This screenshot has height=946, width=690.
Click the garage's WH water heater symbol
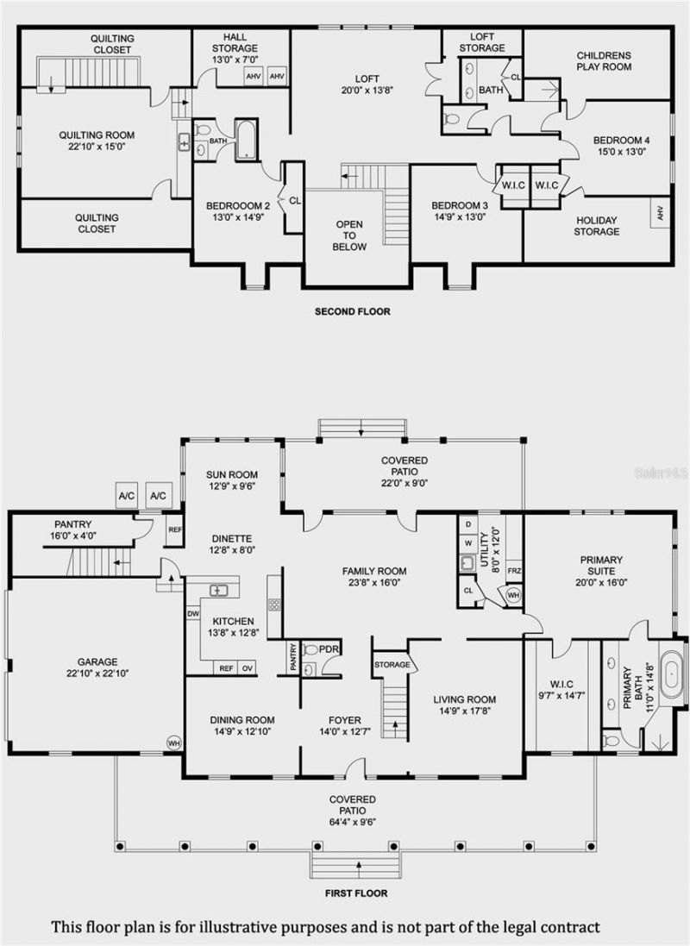(174, 743)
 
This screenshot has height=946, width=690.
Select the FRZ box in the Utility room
(514, 571)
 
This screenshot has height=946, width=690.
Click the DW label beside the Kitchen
(193, 614)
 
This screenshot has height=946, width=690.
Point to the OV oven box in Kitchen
(248, 667)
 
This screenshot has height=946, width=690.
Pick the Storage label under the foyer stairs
(392, 664)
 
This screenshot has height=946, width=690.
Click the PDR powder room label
(329, 649)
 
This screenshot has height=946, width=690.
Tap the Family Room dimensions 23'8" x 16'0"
(374, 583)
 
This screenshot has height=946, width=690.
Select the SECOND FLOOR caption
(353, 311)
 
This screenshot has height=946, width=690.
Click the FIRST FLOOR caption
(356, 893)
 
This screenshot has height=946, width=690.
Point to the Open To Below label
(349, 235)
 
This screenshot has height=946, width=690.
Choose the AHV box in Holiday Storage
(661, 212)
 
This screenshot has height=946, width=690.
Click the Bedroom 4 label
(621, 140)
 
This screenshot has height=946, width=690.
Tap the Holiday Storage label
(597, 226)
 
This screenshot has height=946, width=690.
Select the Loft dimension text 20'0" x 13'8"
(367, 91)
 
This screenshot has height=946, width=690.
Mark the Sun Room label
(232, 475)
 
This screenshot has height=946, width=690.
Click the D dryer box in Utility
(468, 523)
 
